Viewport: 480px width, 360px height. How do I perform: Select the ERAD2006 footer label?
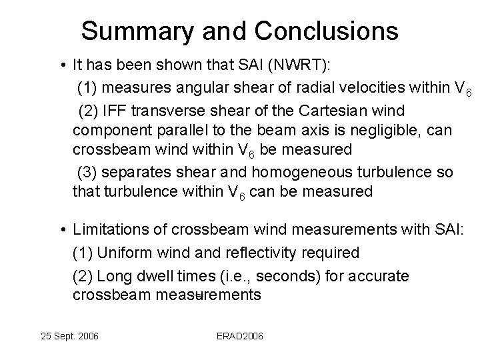[x=239, y=335]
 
